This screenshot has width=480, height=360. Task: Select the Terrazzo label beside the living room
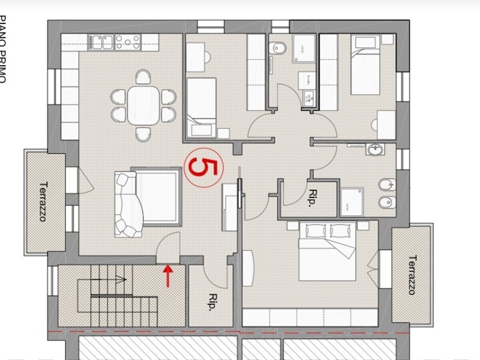pos(43,202)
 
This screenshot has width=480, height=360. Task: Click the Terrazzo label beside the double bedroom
pos(412,275)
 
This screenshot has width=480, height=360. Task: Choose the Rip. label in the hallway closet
pos(313,199)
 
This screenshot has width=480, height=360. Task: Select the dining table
pos(143,106)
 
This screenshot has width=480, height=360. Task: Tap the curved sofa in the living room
pos(128,205)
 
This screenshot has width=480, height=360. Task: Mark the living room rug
pos(156,195)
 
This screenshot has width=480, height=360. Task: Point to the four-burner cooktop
pos(127,41)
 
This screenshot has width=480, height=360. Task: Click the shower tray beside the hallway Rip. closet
pos(351,201)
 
